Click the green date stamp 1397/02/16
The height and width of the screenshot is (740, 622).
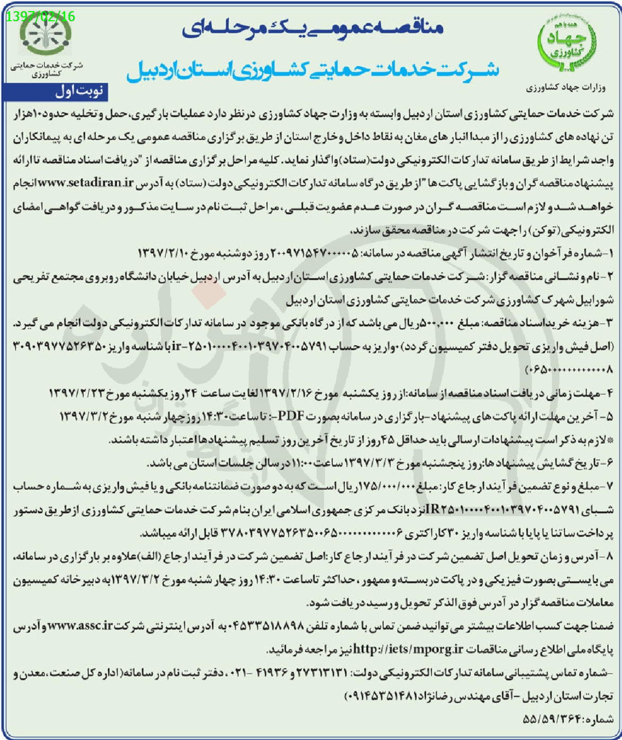point(41,16)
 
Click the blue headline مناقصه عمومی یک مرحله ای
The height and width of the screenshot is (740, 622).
point(313,30)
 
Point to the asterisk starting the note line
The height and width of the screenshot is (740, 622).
point(610,440)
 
